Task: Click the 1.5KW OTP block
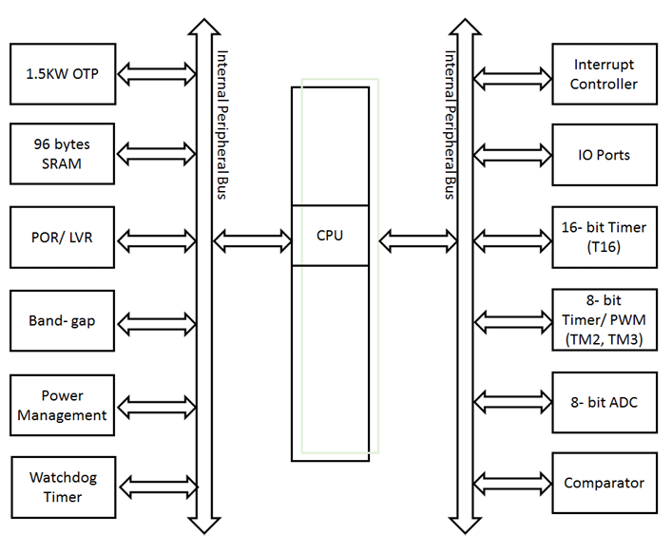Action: (x=63, y=72)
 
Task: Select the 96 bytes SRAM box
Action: (x=63, y=154)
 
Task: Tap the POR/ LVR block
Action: (x=63, y=237)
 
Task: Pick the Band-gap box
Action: (x=63, y=320)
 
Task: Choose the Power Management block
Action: (x=63, y=405)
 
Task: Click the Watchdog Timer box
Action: (x=63, y=487)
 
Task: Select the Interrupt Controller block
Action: (x=605, y=74)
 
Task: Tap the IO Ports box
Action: (x=605, y=155)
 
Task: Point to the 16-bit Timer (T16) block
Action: (x=605, y=237)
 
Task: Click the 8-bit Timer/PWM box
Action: (x=605, y=320)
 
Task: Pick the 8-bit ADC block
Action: (x=605, y=402)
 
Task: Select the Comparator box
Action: (x=605, y=483)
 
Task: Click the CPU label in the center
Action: (x=330, y=235)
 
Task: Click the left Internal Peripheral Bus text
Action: (x=222, y=124)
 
